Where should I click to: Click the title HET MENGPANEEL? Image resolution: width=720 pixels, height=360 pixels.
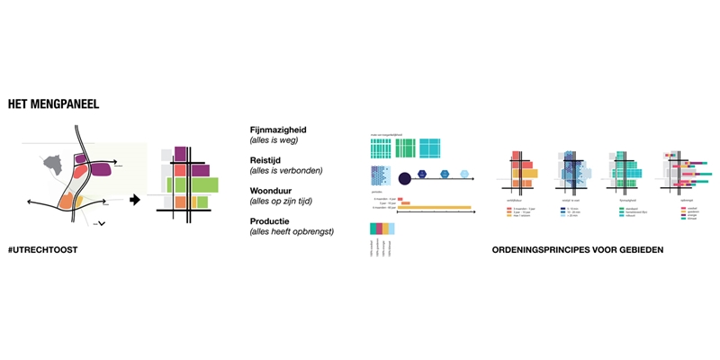click(x=53, y=104)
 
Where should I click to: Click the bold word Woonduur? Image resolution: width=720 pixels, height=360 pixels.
click(x=272, y=190)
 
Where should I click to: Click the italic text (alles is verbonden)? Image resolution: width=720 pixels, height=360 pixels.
click(x=285, y=170)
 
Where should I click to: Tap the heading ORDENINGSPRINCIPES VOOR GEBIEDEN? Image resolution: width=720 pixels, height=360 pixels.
click(x=578, y=248)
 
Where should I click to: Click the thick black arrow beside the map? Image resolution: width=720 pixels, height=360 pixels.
click(x=135, y=200)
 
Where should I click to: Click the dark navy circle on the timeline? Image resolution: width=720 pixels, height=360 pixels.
click(x=404, y=176)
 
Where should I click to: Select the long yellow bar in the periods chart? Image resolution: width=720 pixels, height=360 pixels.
click(x=434, y=208)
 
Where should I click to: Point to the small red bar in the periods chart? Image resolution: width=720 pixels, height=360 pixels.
click(x=400, y=199)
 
